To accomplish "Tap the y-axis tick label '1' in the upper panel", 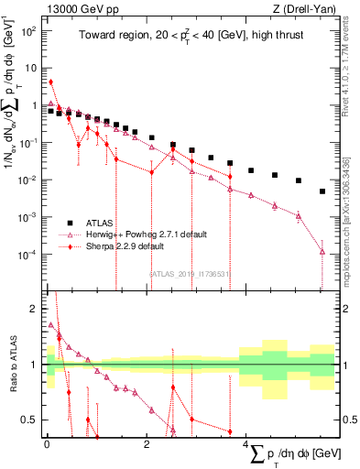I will [35, 105].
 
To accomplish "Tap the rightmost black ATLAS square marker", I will [322, 191].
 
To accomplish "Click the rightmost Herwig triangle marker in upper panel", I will [322, 252].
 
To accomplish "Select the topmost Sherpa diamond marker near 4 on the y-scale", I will [50, 82].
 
